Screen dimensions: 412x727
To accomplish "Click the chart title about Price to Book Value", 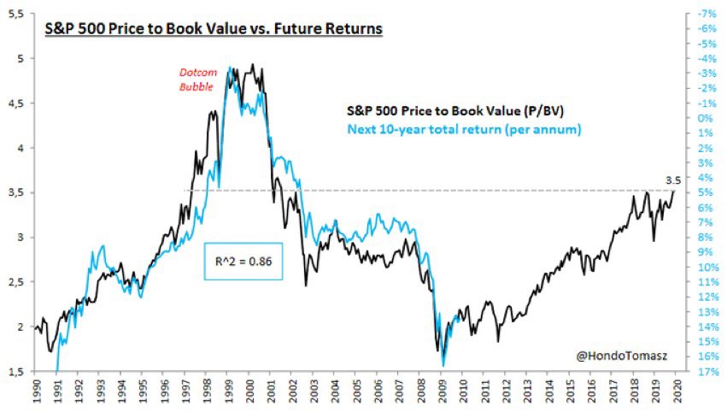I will tap(213, 29).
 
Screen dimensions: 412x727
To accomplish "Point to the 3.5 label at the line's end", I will tap(675, 180).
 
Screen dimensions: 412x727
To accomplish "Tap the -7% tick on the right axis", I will tap(706, 15).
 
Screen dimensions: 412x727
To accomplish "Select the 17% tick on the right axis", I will tap(706, 372).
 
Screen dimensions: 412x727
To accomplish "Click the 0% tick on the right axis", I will tap(706, 118).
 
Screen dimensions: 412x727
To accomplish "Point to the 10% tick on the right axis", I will tap(706, 267).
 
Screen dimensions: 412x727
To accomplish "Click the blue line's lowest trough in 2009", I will tap(443, 366).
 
